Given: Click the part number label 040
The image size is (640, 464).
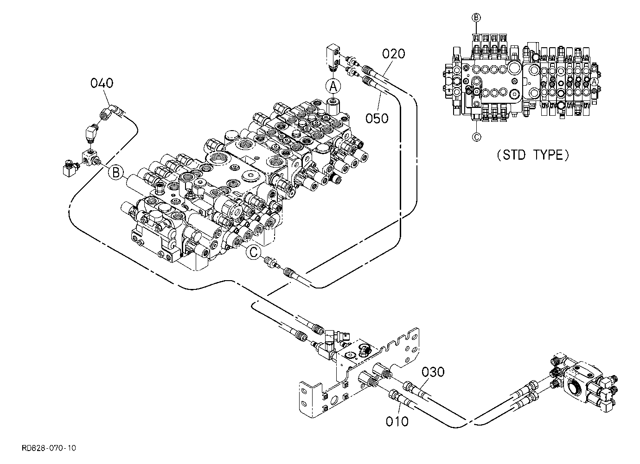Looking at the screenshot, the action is pos(102,83).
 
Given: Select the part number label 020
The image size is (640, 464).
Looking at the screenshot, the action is pos(394,54).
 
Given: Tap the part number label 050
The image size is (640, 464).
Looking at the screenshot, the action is pos(377,118).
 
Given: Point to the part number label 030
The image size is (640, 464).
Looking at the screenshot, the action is pos(433,372).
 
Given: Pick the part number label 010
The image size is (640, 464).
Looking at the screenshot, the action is pos(397,421).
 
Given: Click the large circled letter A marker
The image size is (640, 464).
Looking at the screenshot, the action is pos(333,86).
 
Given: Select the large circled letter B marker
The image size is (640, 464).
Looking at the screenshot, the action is pos(116,173).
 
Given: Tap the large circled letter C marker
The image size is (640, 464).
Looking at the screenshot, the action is pos(253,252).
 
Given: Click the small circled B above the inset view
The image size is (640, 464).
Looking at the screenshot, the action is pos(476,18).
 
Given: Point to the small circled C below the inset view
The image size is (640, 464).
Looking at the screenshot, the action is pos(476,137).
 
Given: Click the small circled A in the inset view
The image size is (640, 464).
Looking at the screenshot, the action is pos(594,82).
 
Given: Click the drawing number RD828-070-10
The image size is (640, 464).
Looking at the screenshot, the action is pos(49,448).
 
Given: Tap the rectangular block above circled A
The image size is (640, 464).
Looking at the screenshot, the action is pos(333,56).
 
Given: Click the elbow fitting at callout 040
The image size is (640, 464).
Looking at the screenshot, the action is pos(111,112).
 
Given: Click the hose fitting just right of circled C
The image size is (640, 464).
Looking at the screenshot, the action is pos(270,262).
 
